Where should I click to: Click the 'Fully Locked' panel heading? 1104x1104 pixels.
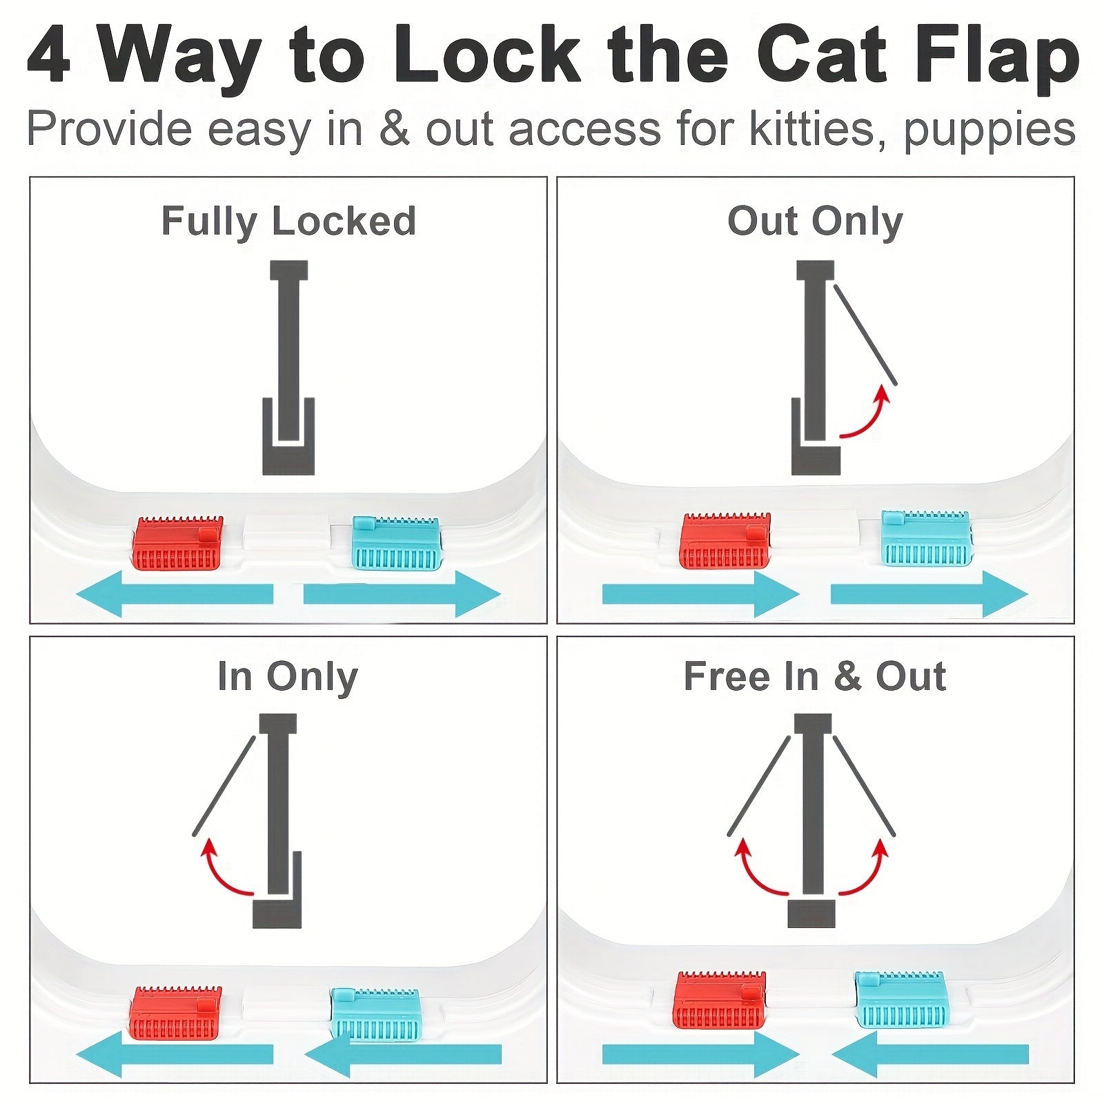click(288, 221)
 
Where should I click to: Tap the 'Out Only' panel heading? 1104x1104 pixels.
click(815, 221)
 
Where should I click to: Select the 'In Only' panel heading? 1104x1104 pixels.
click(287, 676)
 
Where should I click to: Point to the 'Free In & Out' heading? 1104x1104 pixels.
click(814, 676)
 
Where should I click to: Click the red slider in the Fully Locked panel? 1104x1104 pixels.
click(177, 543)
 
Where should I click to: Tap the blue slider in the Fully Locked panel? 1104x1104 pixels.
click(396, 543)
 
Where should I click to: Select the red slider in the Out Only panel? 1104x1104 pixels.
click(724, 541)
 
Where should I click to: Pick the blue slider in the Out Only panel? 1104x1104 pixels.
click(927, 538)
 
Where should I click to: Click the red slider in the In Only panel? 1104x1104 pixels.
click(175, 1014)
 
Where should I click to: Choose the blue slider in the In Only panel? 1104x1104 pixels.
click(375, 1014)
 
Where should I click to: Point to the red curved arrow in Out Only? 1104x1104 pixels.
click(866, 416)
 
